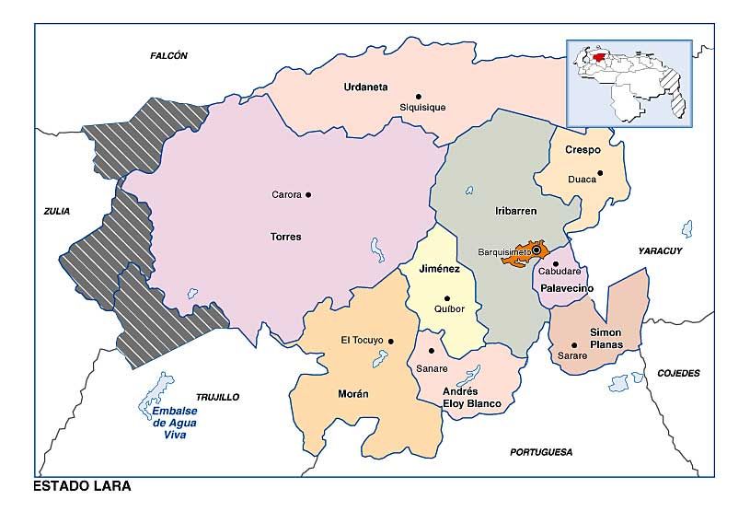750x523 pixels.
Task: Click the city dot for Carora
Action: click(308, 194)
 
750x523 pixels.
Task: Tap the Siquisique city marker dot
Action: click(418, 96)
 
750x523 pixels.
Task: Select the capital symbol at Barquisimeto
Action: click(537, 250)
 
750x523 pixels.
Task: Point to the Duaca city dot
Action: click(600, 172)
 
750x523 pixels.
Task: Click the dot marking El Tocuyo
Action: click(391, 341)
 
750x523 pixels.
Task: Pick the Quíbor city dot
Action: click(447, 297)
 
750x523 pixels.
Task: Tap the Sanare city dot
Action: click(432, 351)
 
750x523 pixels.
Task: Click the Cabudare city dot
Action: click(555, 264)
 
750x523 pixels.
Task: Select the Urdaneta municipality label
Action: click(365, 87)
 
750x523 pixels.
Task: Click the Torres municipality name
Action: click(285, 237)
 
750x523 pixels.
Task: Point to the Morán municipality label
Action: click(353, 393)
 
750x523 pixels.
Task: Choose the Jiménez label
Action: click(439, 269)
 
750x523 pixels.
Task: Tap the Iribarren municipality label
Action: click(514, 211)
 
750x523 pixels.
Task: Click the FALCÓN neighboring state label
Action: click(168, 56)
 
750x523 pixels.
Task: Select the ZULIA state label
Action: click(56, 211)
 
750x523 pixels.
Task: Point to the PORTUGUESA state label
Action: click(541, 452)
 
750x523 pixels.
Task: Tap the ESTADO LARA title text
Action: click(82, 486)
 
